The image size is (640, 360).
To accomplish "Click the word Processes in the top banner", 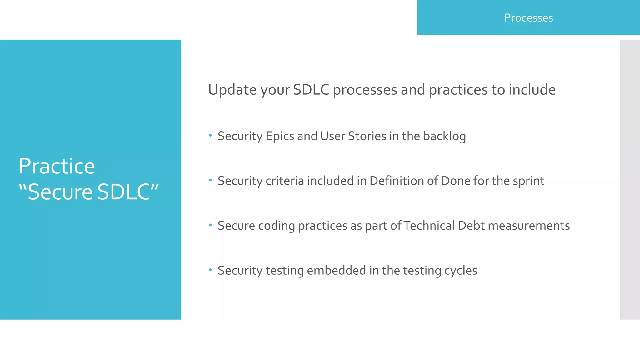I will (528, 18).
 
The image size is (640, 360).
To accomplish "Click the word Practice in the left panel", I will (57, 166).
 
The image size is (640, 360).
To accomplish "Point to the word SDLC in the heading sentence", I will (311, 90).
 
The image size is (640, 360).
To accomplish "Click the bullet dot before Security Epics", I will (210, 135).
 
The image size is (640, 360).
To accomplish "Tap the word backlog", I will (444, 136).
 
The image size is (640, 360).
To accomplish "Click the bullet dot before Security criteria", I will (210, 180).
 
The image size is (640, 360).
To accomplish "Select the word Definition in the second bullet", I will (395, 181).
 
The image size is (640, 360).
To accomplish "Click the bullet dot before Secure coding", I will (210, 225).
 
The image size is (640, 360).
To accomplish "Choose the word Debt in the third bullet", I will (471, 226).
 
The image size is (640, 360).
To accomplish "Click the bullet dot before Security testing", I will (210, 269).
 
